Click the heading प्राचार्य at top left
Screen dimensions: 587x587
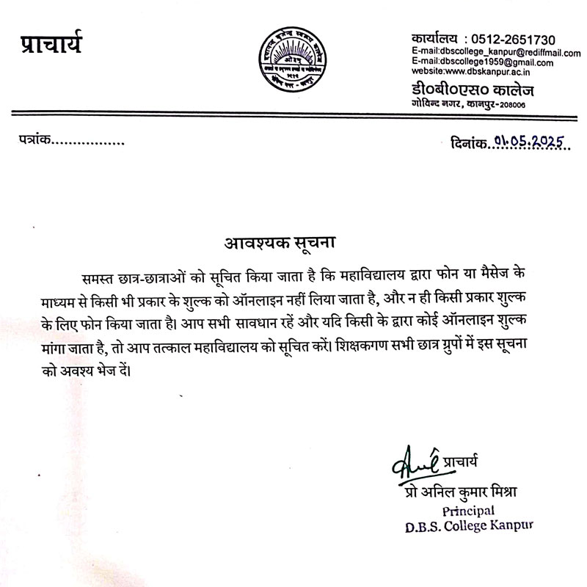pos(51,43)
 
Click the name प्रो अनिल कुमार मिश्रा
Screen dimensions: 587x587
pos(456,489)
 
